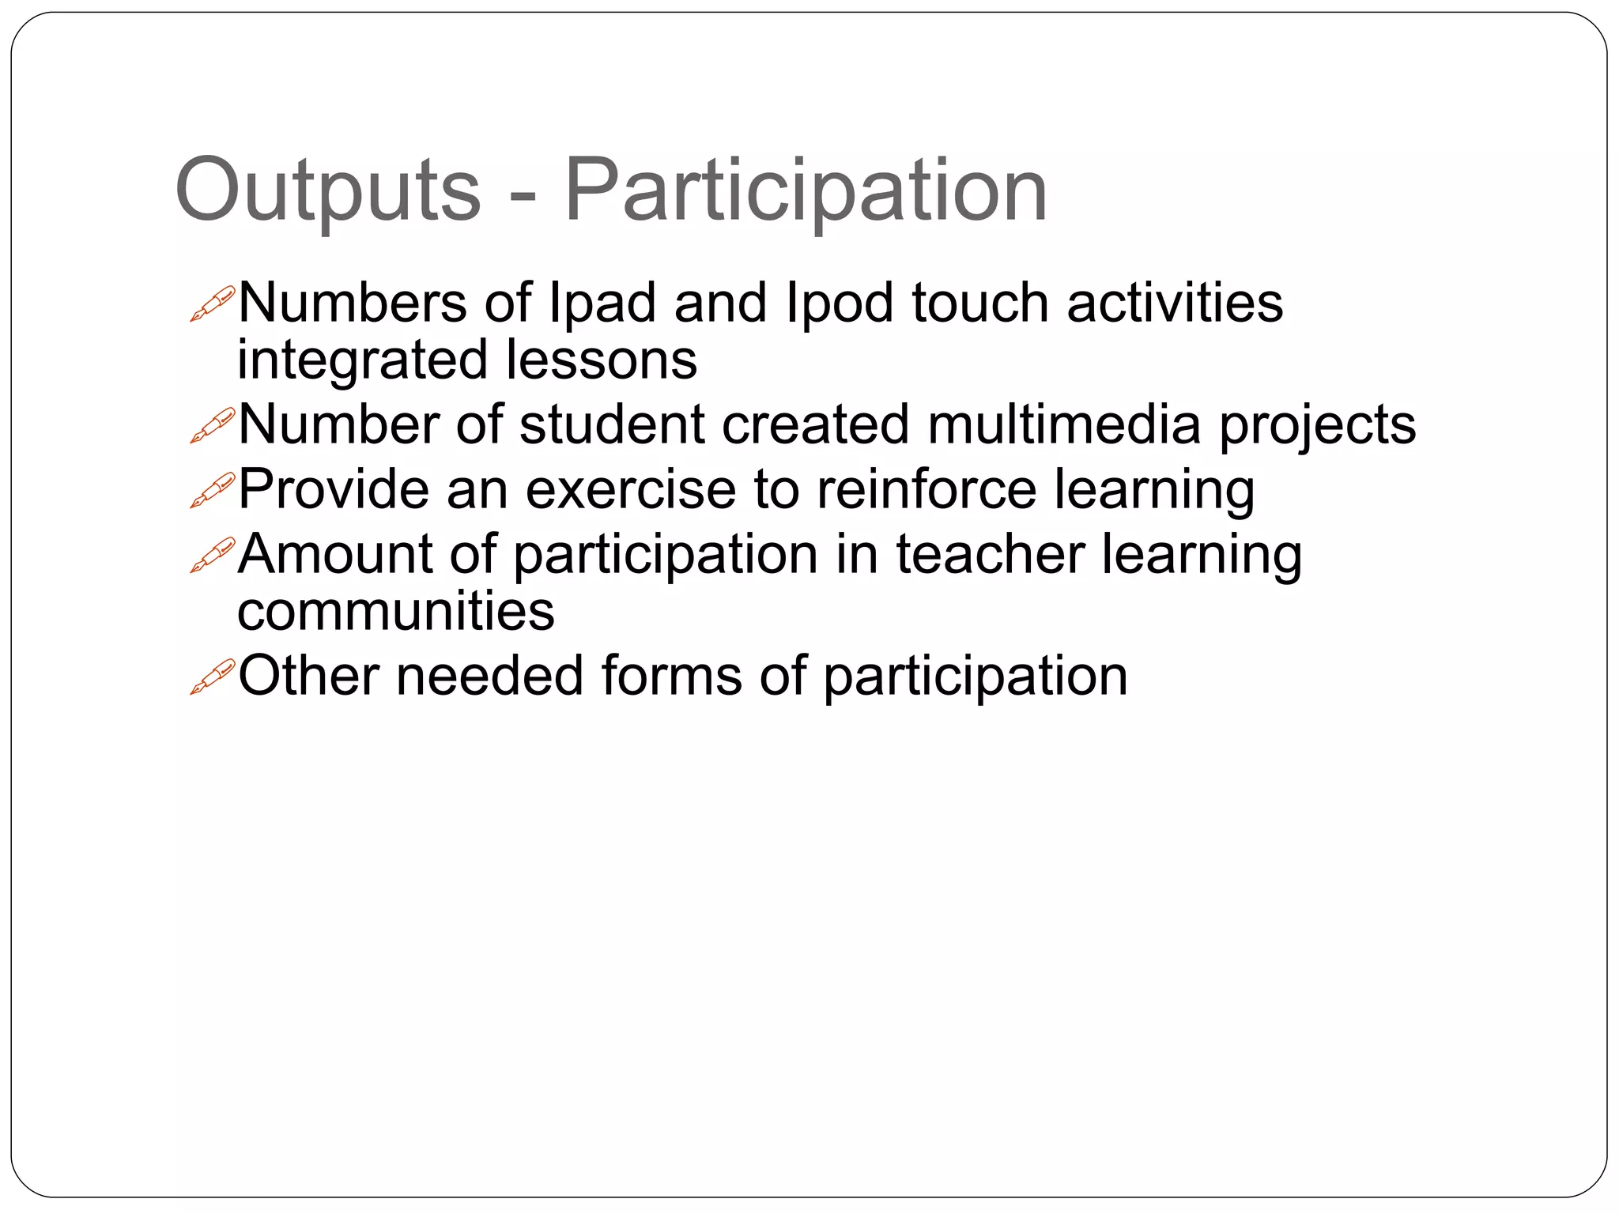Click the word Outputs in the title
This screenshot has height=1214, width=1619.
[327, 190]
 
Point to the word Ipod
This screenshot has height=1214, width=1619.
[840, 304]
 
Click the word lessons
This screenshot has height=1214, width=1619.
[601, 360]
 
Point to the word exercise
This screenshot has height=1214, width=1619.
[631, 490]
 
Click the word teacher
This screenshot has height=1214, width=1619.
[990, 554]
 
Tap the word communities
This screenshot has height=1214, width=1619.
[395, 612]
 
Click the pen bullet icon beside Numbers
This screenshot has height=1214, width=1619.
[213, 303]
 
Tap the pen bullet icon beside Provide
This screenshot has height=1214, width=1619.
[213, 490]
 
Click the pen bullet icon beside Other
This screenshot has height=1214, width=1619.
[213, 677]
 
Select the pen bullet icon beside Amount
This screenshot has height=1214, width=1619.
[213, 555]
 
